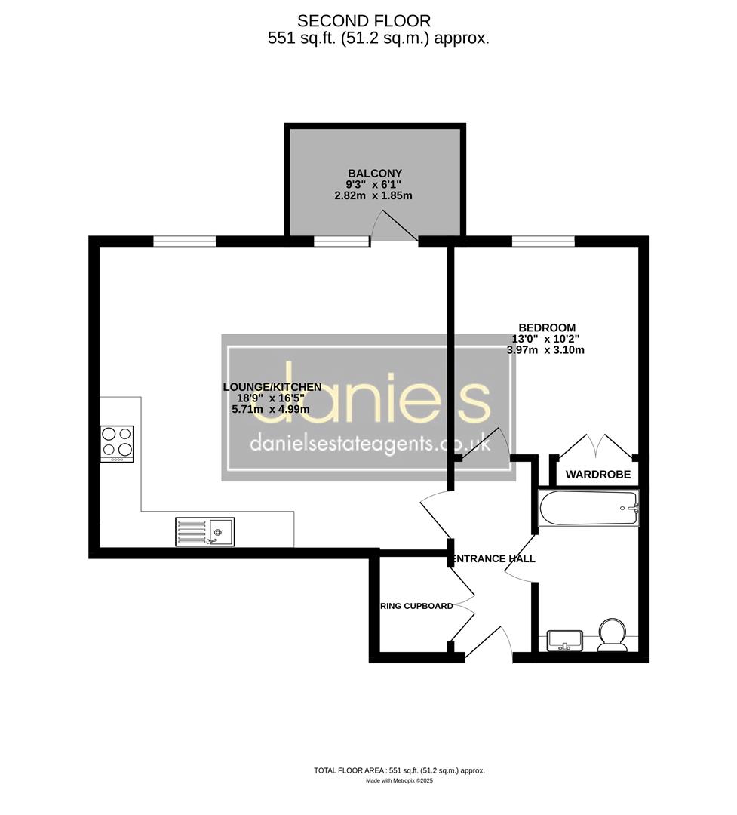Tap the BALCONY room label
(x=374, y=173)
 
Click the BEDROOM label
(x=545, y=328)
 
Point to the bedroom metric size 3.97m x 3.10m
(x=545, y=349)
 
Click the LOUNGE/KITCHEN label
(x=272, y=387)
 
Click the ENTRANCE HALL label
(x=493, y=559)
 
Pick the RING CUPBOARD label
(x=416, y=606)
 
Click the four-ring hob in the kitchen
(x=117, y=444)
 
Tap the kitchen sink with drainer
(x=205, y=532)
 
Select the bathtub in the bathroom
(x=588, y=508)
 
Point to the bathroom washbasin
(x=564, y=639)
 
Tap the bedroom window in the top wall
(x=543, y=241)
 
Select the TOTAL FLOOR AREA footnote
(x=399, y=770)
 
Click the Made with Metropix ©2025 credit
(x=399, y=781)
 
